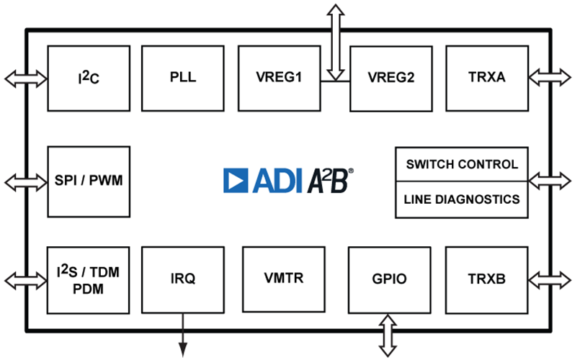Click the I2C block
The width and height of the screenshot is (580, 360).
tap(89, 78)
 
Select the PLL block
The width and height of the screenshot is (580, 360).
tap(183, 78)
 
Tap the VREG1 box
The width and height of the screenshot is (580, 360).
tap(280, 78)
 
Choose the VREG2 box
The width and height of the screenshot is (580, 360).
tap(391, 78)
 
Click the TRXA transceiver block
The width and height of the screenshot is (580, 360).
tap(487, 78)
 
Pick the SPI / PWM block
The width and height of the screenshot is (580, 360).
tap(89, 182)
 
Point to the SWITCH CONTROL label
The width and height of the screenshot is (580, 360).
tap(462, 164)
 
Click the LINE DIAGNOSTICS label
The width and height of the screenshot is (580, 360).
tap(462, 199)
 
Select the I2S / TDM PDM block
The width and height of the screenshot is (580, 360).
tap(88, 281)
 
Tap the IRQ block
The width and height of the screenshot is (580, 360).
tap(183, 280)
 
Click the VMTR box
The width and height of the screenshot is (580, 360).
tap(284, 280)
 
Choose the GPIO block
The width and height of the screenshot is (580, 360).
tap(390, 280)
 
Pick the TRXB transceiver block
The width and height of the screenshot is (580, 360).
tap(487, 280)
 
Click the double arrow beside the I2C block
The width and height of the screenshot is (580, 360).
tap(26, 78)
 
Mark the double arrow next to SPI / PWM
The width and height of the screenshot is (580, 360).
tap(26, 182)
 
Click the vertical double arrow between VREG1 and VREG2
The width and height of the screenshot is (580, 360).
tap(336, 42)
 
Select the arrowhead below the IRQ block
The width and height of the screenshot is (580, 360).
tap(183, 349)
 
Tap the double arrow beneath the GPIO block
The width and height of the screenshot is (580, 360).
tap(388, 336)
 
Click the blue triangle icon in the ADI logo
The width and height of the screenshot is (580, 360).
tap(236, 181)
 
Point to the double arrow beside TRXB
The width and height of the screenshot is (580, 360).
tap(550, 280)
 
